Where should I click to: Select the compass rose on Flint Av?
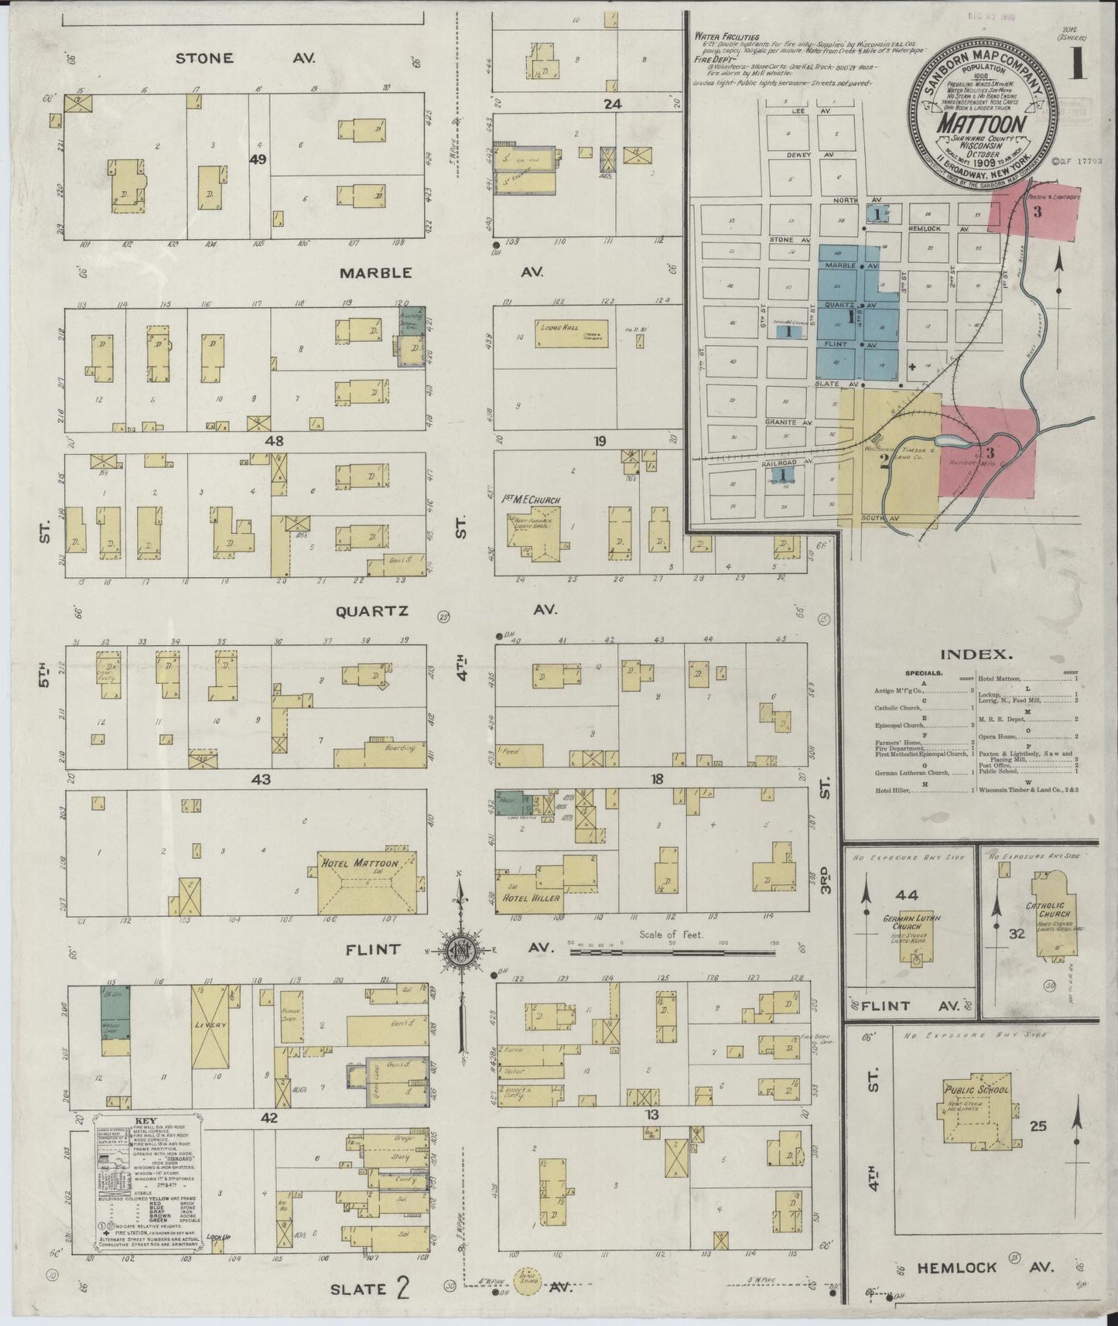[x=460, y=950]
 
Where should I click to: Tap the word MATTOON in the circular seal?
[x=983, y=125]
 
